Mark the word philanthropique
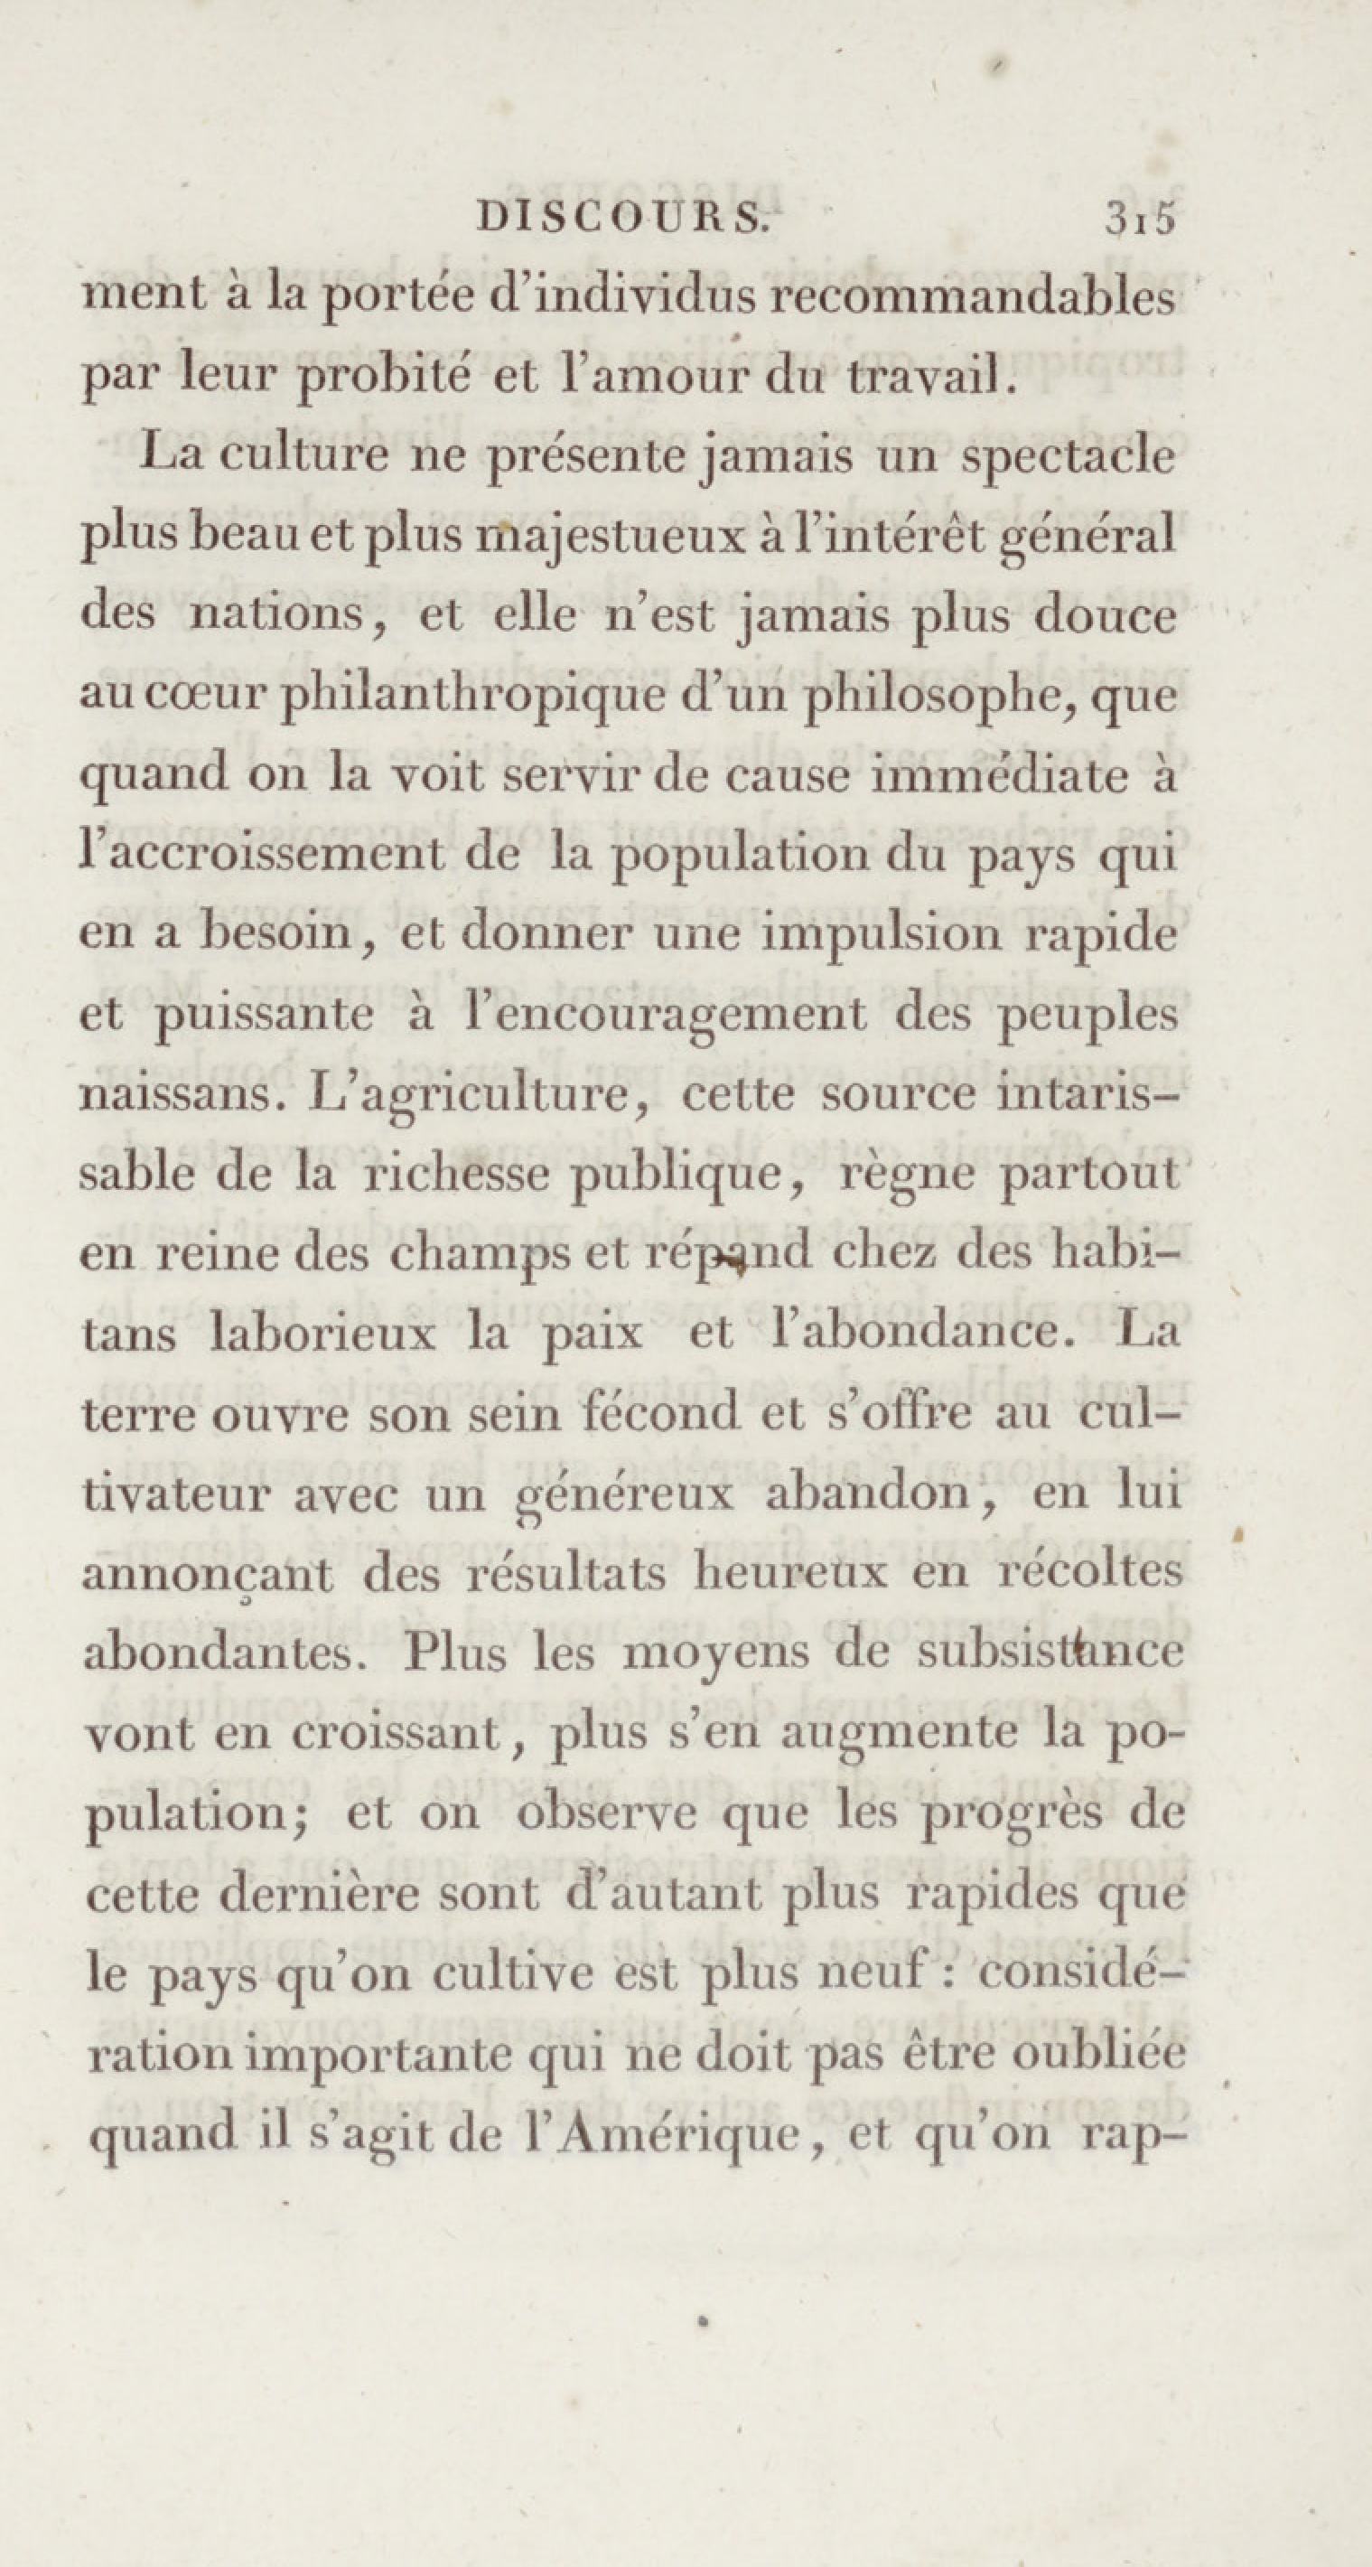473,698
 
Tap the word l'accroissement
299,857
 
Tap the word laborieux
319,1335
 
